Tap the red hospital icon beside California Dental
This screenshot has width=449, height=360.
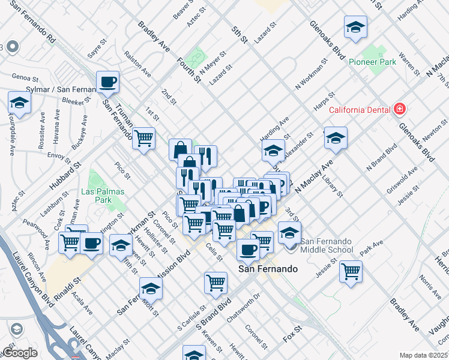click(x=399, y=109)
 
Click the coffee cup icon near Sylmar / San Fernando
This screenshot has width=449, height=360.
click(x=107, y=82)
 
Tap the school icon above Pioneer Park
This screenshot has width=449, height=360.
click(x=355, y=27)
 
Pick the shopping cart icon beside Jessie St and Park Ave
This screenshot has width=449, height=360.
click(x=351, y=270)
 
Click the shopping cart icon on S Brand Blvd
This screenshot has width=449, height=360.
click(x=215, y=282)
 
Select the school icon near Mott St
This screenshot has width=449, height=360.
click(x=151, y=288)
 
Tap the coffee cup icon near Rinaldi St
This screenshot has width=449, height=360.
click(x=91, y=243)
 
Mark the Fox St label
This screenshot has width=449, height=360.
click(x=292, y=331)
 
